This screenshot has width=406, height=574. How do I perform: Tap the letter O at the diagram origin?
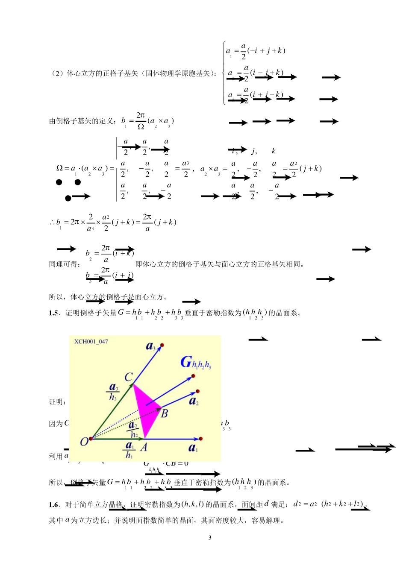click(85, 442)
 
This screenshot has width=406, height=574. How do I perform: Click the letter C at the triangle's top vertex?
click(128, 377)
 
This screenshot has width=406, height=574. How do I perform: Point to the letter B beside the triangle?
click(165, 413)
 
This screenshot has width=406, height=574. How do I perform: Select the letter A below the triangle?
click(144, 447)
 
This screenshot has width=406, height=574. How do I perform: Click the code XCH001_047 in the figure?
click(91, 341)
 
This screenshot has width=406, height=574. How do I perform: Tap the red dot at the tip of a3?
click(162, 345)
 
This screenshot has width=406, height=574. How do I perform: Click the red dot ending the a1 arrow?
click(201, 439)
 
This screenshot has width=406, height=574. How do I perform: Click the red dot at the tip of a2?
click(197, 391)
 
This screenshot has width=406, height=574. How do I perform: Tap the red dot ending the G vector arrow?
click(193, 376)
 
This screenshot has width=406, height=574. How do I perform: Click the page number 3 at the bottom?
click(209, 538)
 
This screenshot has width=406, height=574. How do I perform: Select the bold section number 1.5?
click(53, 313)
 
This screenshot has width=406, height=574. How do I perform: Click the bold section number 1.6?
click(53, 505)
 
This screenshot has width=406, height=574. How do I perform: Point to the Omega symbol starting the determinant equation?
click(59, 168)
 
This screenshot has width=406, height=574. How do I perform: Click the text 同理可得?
click(64, 264)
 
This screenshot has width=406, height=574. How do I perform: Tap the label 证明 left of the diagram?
click(57, 402)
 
